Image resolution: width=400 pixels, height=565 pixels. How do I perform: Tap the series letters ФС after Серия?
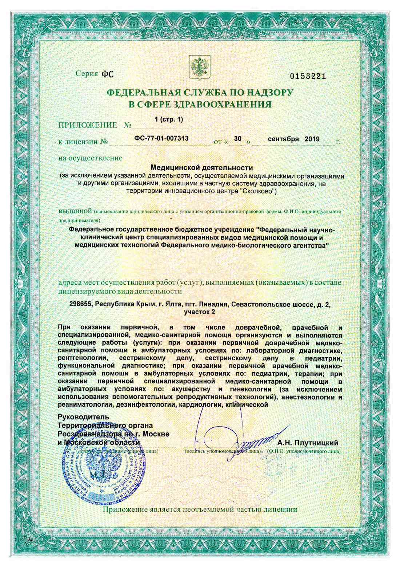pyautogui.click(x=107, y=74)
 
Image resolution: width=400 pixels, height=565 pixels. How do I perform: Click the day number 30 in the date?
pyautogui.click(x=238, y=139)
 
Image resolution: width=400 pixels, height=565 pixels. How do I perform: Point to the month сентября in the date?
pyautogui.click(x=283, y=139)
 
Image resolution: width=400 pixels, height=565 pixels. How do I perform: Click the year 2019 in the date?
pyautogui.click(x=312, y=139)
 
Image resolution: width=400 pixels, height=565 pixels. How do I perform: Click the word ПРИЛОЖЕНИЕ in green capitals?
pyautogui.click(x=88, y=125)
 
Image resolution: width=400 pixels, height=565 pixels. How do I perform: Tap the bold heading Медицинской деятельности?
pyautogui.click(x=201, y=168)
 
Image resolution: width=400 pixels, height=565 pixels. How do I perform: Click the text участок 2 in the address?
pyautogui.click(x=200, y=312)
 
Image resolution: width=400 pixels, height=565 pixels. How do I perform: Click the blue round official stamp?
pyautogui.click(x=104, y=472)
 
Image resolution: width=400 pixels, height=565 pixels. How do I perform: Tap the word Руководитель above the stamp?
pyautogui.click(x=83, y=417)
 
